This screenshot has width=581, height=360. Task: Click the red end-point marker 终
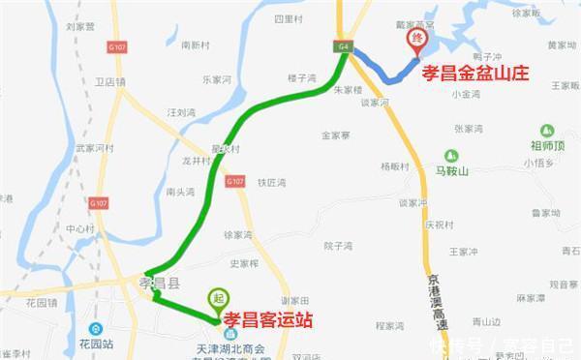pyautogui.click(x=418, y=39)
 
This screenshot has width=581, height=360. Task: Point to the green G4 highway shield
pyautogui.click(x=344, y=45)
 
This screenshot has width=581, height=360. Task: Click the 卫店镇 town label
pyautogui.click(x=104, y=82)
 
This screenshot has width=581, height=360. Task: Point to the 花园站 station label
pyautogui.click(x=97, y=343)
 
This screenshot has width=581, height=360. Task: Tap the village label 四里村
pyautogui.click(x=289, y=18)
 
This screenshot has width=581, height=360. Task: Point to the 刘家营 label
pyautogui.click(x=80, y=27)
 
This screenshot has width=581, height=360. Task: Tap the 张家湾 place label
pyautogui.click(x=469, y=128)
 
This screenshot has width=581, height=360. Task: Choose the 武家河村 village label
pyautogui.click(x=96, y=148)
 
